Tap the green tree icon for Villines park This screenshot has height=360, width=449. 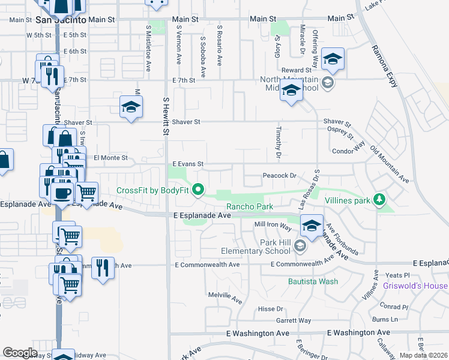379,199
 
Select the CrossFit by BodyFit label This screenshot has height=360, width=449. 152,191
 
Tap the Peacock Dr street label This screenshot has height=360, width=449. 280,176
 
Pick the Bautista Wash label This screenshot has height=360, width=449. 313,281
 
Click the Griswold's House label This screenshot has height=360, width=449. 415,286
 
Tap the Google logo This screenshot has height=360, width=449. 20,352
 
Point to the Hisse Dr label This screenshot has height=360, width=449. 270,308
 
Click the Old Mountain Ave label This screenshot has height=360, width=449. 390,164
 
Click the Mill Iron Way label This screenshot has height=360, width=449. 273,224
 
